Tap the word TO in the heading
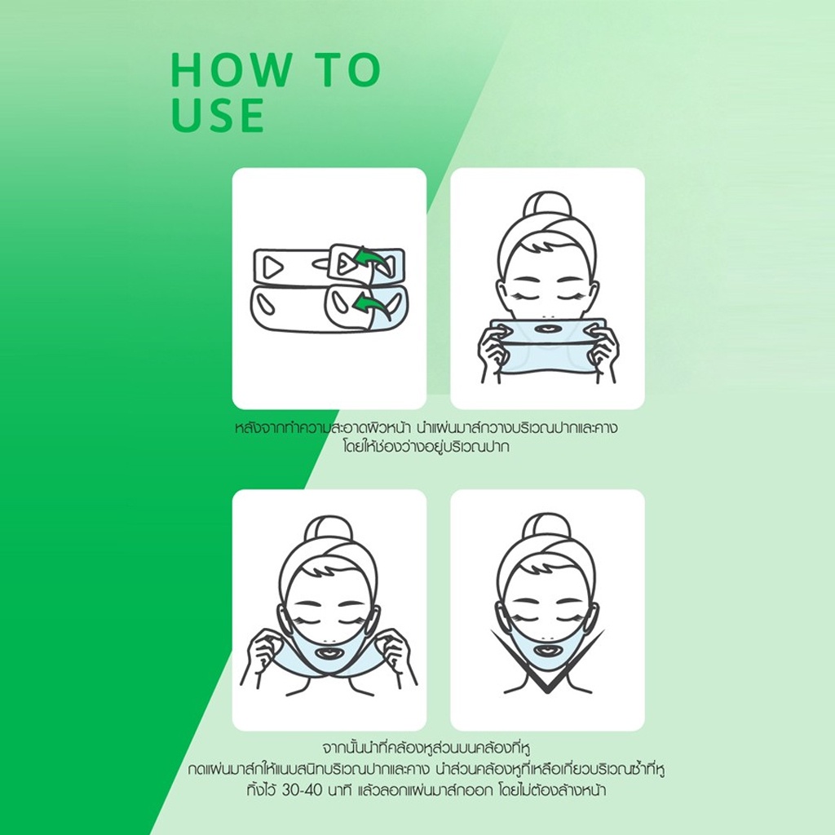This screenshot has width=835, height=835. click(x=346, y=70)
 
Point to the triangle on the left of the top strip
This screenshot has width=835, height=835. click(x=272, y=267)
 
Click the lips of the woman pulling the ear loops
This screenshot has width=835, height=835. click(x=329, y=652)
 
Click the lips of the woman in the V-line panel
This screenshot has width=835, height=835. click(x=547, y=652)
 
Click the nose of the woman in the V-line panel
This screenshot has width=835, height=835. click(x=547, y=638)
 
